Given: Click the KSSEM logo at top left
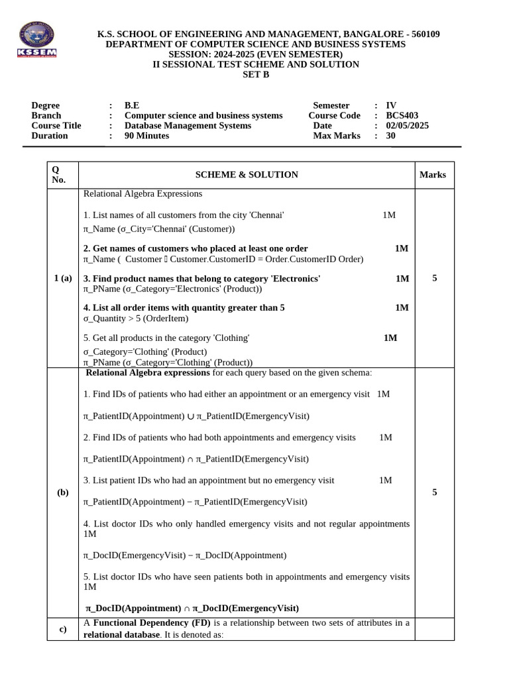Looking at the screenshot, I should pos(37,40).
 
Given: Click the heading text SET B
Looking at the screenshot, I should pos(256,74).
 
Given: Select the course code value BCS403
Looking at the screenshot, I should pos(402,115).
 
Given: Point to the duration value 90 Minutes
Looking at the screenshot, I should pos(146,136).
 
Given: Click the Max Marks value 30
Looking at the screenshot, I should pos(390,136).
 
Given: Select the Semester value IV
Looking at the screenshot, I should pos(391,105).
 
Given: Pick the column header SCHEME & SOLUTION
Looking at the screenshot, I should pos(247,175).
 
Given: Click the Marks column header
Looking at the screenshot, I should pos(433,175).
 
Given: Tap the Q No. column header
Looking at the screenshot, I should pos(58,175).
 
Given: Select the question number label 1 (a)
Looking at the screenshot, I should pos(62,278).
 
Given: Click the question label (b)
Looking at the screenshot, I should pos(63,493).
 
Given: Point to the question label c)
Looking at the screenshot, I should pos(62,629).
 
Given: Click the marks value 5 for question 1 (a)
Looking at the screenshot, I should pos(434,278).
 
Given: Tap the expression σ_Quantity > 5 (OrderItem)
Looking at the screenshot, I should pos(136,318).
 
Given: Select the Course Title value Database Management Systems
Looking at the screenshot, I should pos(188,125).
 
